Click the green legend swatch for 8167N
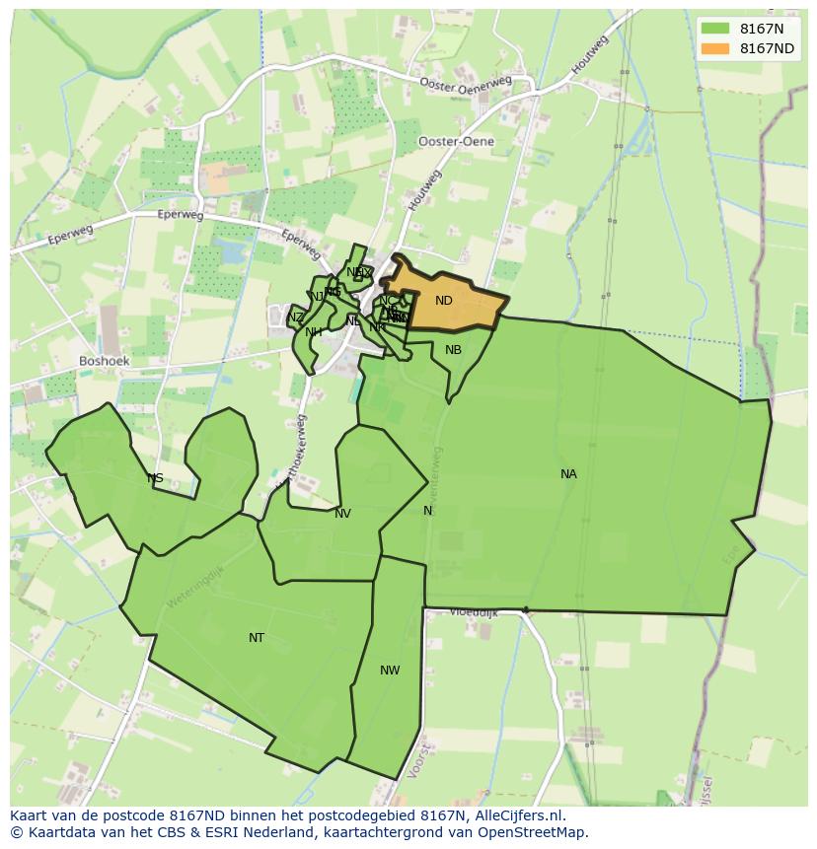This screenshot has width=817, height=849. (x=715, y=29)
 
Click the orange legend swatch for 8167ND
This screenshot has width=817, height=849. (x=715, y=48)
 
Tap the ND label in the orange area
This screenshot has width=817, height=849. (x=444, y=301)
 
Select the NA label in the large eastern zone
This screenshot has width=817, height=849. (x=568, y=474)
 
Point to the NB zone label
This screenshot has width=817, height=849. (x=453, y=350)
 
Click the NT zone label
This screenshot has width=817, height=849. (x=257, y=638)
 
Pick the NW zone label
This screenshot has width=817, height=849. (x=390, y=671)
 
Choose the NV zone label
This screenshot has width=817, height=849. (x=342, y=514)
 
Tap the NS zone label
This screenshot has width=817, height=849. (x=155, y=479)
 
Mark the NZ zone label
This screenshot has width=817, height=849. (x=296, y=318)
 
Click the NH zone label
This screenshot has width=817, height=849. (x=314, y=332)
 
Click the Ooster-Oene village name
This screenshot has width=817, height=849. (x=456, y=142)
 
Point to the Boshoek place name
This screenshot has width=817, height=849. (x=105, y=362)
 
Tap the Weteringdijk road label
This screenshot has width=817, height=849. (x=194, y=585)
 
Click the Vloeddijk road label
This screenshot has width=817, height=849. (x=474, y=612)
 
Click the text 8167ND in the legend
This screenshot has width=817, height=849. (x=767, y=48)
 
